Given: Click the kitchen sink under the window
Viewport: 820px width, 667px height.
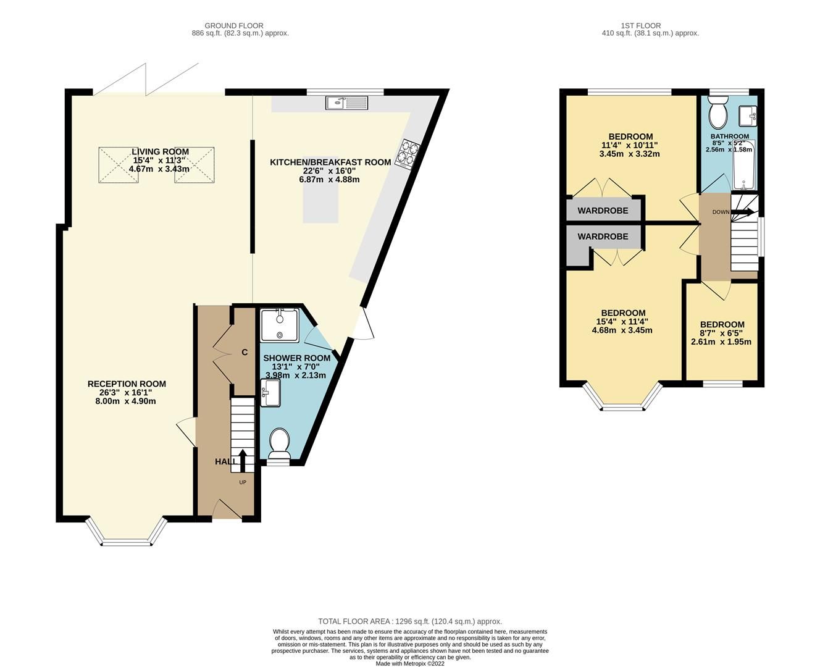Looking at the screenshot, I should click(346, 103).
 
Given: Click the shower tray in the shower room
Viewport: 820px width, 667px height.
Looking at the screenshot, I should click(280, 325).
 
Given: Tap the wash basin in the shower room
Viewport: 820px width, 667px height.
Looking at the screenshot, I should click(270, 393).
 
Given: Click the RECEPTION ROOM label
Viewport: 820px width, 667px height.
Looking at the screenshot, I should click(127, 384).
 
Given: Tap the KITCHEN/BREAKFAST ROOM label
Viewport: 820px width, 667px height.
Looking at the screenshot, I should click(330, 162).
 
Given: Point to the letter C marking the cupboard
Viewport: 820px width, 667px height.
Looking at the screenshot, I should click(245, 352).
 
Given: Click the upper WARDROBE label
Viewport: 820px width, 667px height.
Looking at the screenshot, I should click(603, 211).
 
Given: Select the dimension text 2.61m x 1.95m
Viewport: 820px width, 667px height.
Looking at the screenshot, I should click(721, 342).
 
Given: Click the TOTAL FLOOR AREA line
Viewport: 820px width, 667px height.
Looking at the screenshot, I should click(409, 621).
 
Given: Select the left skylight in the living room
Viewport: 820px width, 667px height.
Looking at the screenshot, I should click(119, 165).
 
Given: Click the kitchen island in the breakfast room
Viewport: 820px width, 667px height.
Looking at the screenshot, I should click(320, 204).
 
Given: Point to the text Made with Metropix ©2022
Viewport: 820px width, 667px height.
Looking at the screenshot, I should click(409, 664).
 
